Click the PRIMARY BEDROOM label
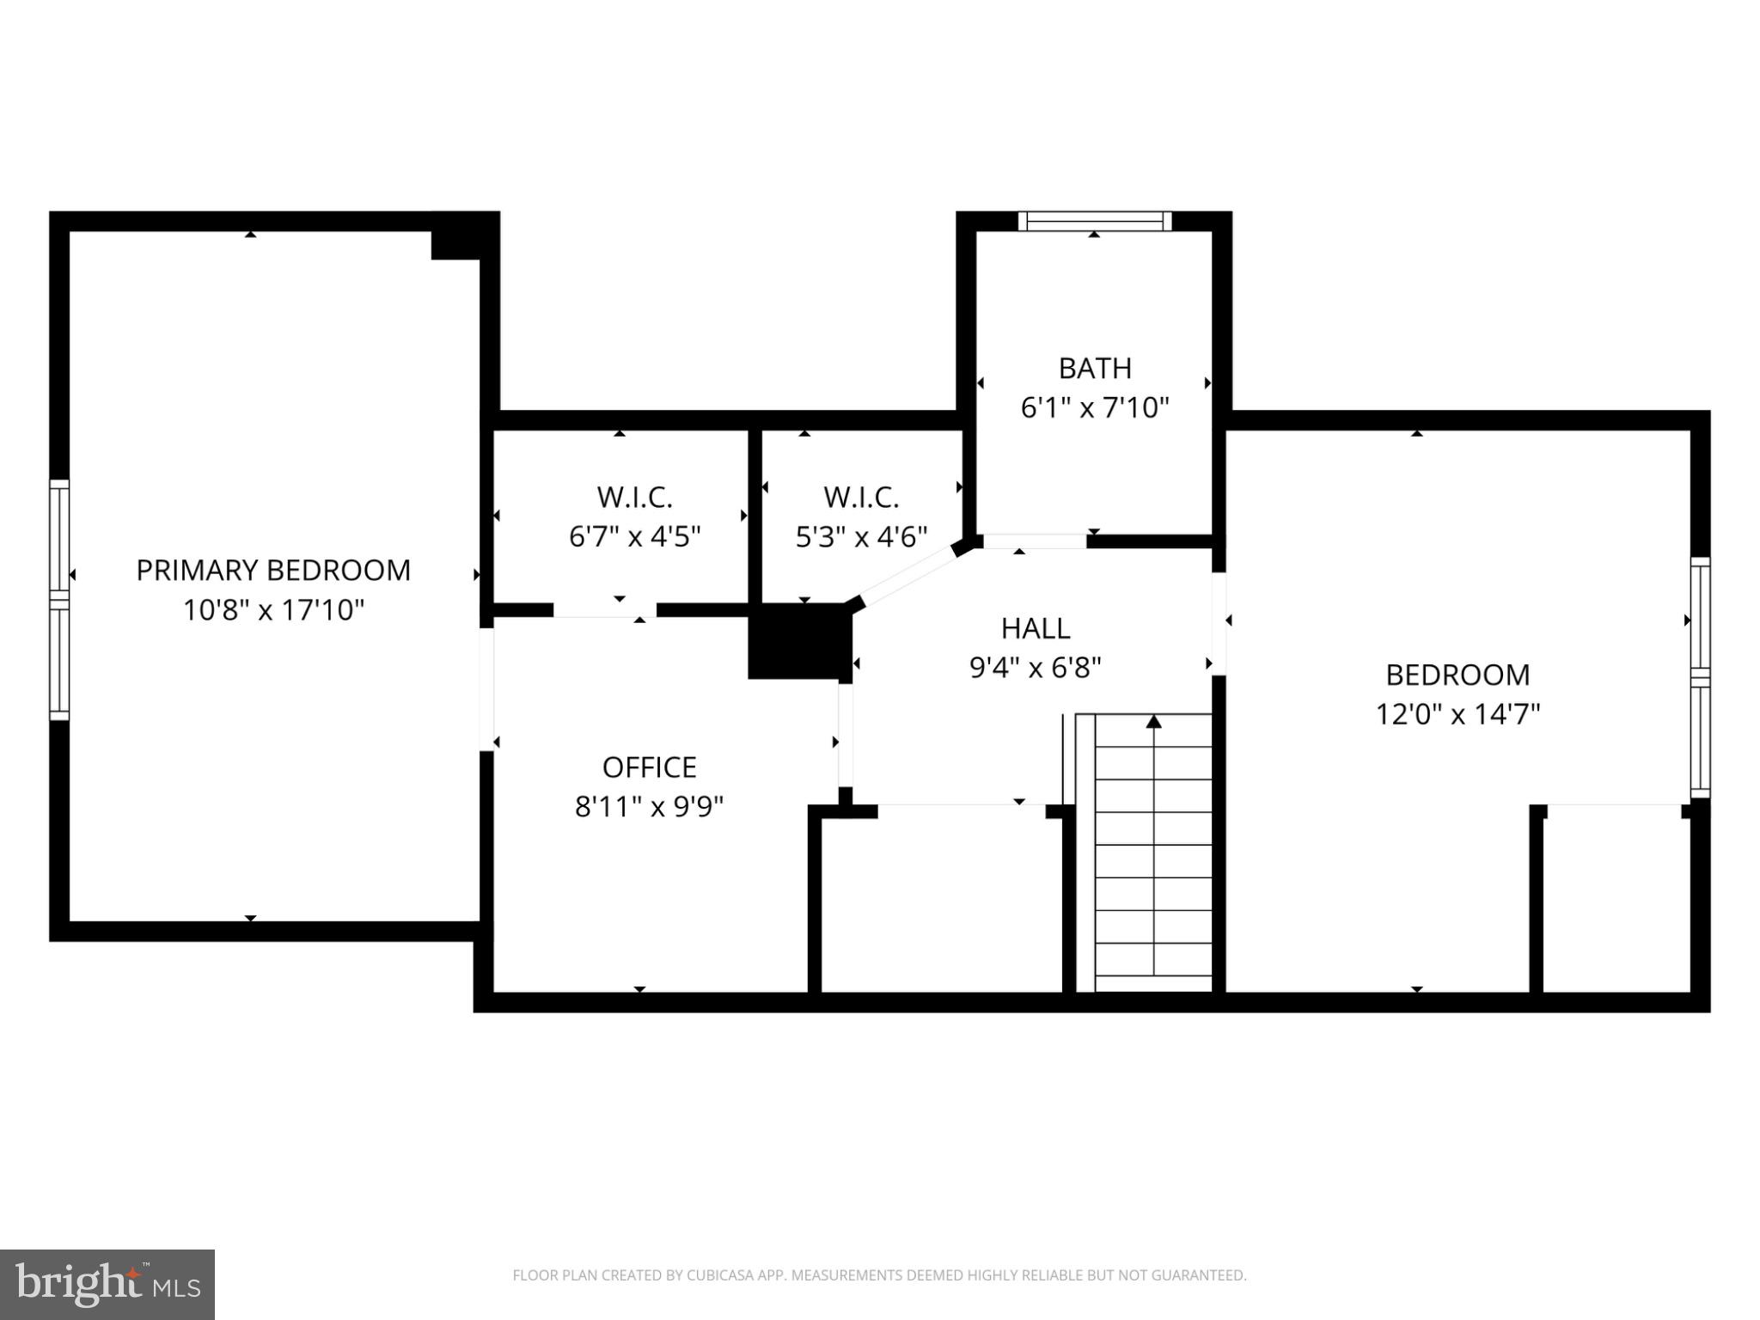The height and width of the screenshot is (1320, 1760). click(273, 571)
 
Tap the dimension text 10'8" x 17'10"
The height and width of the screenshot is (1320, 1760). click(273, 610)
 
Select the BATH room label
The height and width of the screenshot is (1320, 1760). click(1094, 368)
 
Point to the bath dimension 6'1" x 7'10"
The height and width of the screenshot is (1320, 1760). click(1094, 407)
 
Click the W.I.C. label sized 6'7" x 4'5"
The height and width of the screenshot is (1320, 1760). click(634, 497)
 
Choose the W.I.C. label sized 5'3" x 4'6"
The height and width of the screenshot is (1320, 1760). click(861, 497)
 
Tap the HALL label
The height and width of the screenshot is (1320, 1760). click(1035, 628)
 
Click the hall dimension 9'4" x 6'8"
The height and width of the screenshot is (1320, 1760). click(1035, 668)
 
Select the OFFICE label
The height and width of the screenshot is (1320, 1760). click(649, 767)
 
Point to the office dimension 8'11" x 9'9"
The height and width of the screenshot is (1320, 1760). click(649, 807)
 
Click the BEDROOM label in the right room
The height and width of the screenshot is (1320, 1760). click(1457, 675)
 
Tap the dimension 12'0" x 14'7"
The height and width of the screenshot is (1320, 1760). click(1457, 714)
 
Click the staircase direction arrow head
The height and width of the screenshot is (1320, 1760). click(1153, 722)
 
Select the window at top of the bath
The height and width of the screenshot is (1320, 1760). click(1094, 221)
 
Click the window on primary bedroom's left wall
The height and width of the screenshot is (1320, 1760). click(58, 599)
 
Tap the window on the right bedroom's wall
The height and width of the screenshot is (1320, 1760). click(1700, 677)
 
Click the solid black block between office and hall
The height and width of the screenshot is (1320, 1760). click(797, 641)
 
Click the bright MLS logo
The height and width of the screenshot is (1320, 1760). click(107, 1284)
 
